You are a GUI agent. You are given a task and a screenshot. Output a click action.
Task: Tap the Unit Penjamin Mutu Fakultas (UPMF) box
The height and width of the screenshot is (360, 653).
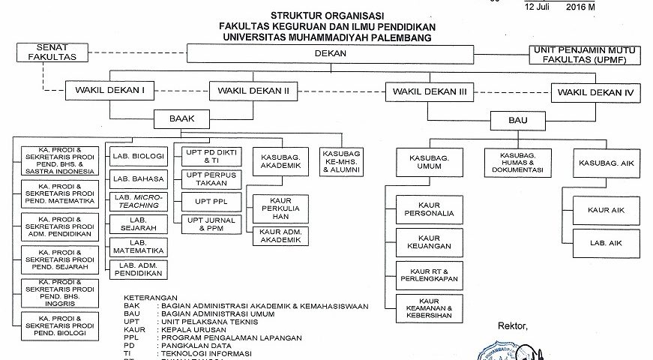(x=588, y=54)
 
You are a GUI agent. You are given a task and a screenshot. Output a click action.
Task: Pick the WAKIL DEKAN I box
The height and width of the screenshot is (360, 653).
(x=109, y=91)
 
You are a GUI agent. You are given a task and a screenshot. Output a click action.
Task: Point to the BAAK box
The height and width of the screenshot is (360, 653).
(x=178, y=118)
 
